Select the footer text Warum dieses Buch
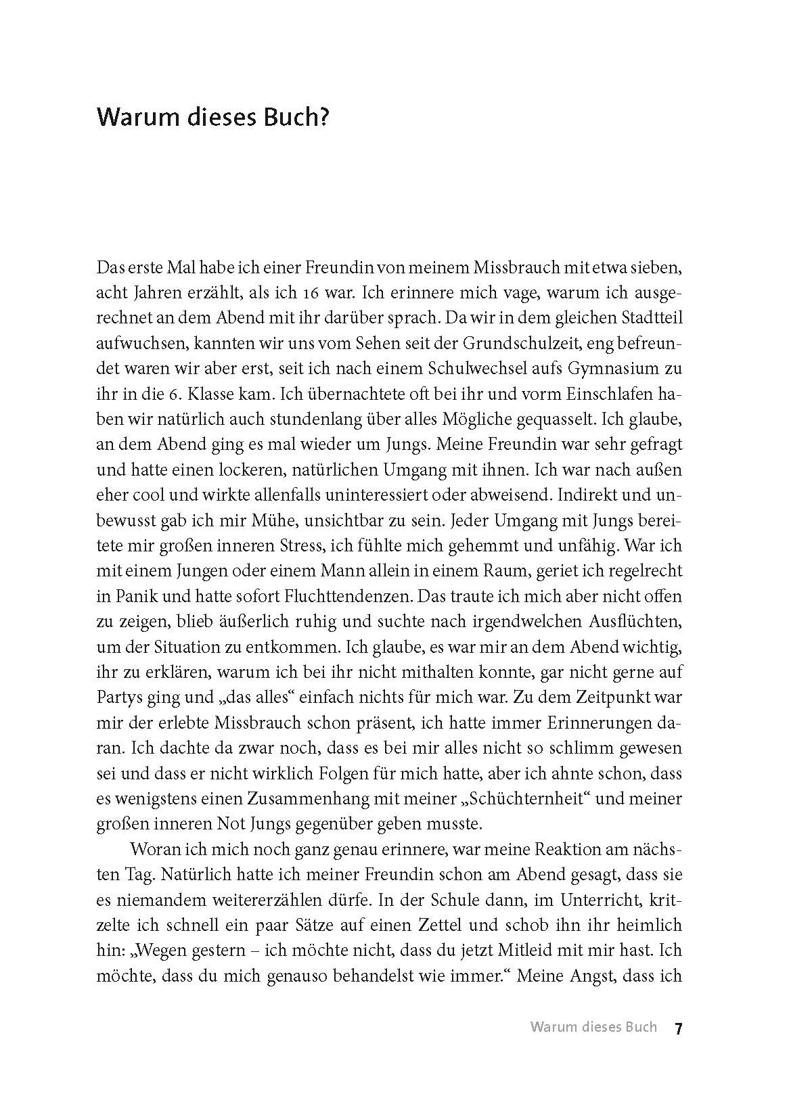point(593,1027)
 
